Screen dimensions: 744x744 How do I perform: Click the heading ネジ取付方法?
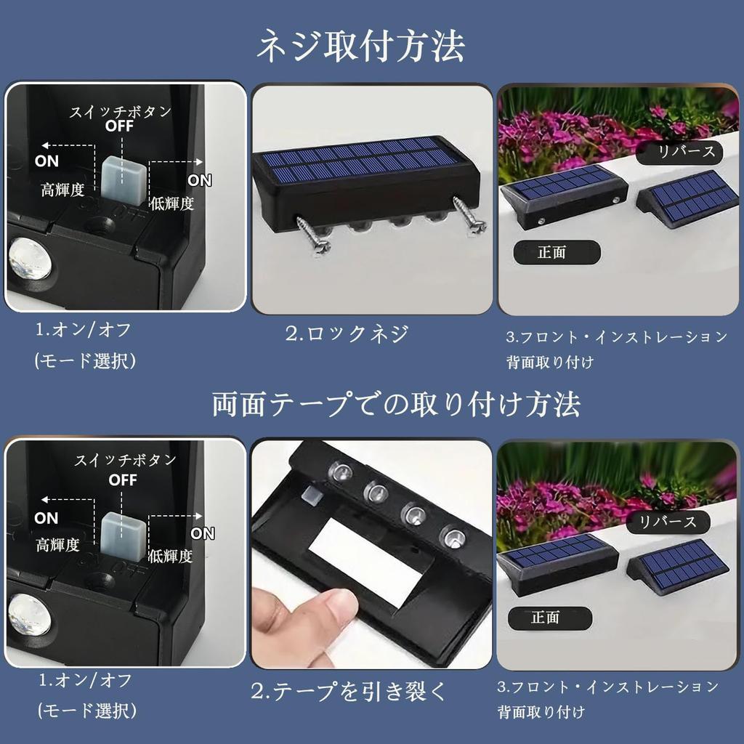[x=361, y=47]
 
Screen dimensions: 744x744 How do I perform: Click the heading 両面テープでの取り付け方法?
[x=396, y=405]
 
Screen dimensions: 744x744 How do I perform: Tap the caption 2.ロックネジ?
[x=346, y=333]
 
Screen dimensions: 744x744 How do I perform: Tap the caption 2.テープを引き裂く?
[x=349, y=690]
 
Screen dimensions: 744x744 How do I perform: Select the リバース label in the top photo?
[x=680, y=152]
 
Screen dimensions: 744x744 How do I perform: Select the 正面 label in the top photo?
[x=557, y=252]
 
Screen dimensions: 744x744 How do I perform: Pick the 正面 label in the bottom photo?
[x=549, y=618]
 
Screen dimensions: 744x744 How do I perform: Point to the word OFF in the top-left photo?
[x=120, y=125]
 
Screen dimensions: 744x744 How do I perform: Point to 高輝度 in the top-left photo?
[x=64, y=190]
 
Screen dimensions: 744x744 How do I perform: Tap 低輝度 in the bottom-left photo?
[x=170, y=557]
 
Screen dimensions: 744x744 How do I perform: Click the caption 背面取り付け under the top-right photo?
[x=550, y=361]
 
